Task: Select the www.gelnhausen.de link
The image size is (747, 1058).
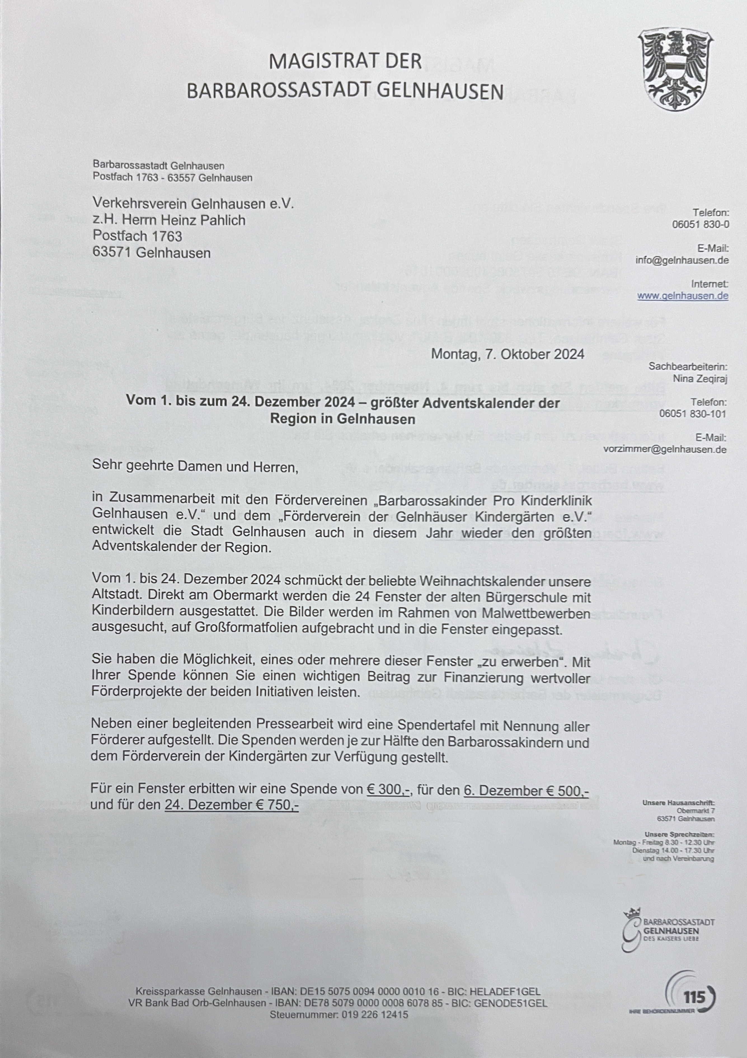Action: click(682, 296)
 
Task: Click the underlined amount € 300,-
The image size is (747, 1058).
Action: click(389, 789)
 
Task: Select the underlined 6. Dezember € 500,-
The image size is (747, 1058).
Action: click(526, 790)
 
